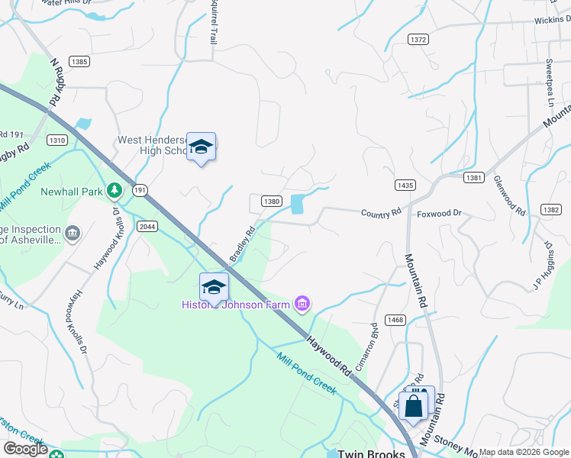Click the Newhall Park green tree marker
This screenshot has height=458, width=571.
(x=114, y=189)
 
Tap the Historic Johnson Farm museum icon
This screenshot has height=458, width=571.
(x=302, y=305)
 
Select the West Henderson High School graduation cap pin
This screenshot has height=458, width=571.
(x=201, y=147)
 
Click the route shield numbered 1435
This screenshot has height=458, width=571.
(x=405, y=185)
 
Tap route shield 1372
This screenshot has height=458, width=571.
(x=418, y=40)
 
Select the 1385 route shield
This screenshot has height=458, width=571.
(x=79, y=60)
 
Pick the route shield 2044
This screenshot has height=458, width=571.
(x=147, y=226)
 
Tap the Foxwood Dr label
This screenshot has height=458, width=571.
(x=439, y=214)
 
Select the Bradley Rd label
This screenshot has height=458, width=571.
(x=243, y=242)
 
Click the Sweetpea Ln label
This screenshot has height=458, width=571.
(x=548, y=81)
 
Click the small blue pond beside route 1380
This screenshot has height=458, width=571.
(x=296, y=204)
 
